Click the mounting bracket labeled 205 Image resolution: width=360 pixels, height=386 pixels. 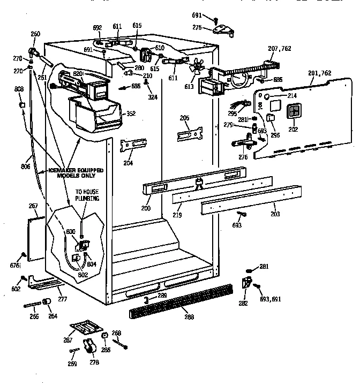pyautogui.click(x=190, y=131)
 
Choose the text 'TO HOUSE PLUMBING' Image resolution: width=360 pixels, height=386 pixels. pyautogui.click(x=86, y=195)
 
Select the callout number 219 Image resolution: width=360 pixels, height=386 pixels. pyautogui.click(x=177, y=215)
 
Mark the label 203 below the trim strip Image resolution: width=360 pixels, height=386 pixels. pyautogui.click(x=275, y=215)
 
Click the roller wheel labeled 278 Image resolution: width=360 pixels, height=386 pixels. pyautogui.click(x=90, y=347)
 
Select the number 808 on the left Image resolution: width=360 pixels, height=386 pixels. pyautogui.click(x=19, y=89)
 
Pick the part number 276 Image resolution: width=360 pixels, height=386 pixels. pyautogui.click(x=244, y=157)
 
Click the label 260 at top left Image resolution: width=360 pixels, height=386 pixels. pyautogui.click(x=35, y=34)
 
